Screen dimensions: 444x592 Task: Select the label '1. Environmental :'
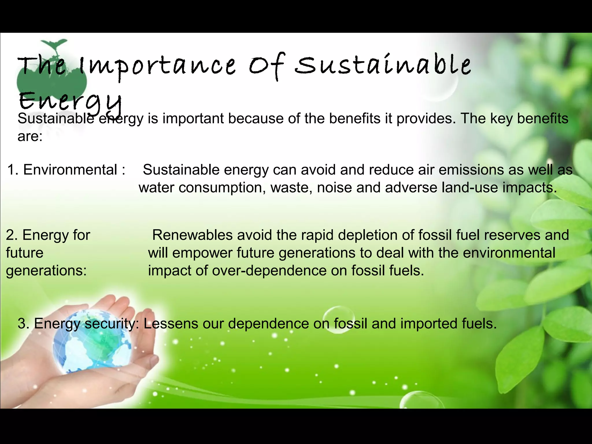(66, 170)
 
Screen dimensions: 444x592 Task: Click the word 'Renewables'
(192, 235)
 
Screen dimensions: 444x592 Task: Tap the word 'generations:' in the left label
(46, 271)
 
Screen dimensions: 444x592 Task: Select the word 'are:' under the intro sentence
(30, 136)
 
